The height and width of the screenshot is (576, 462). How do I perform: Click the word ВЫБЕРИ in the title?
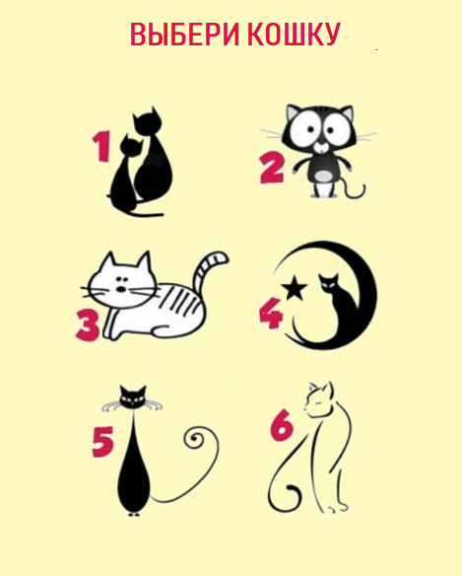click(185, 34)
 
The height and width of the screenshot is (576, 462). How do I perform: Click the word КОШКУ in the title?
click(294, 34)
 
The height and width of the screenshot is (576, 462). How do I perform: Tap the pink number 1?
click(101, 146)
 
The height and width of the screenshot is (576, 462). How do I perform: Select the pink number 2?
click(272, 169)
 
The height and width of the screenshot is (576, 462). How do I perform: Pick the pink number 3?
click(88, 325)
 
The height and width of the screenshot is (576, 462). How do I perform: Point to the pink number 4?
click(272, 314)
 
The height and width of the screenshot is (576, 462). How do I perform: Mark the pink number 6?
click(282, 425)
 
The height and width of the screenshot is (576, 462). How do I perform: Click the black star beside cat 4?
click(294, 287)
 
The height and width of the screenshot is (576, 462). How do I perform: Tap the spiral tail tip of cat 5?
click(194, 438)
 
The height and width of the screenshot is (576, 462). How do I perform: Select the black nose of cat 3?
click(121, 289)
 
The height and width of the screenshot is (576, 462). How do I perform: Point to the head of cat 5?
click(133, 396)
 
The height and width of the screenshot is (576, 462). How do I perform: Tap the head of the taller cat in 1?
click(147, 120)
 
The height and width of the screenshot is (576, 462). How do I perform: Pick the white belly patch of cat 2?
click(323, 176)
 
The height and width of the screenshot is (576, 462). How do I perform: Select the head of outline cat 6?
click(318, 399)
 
